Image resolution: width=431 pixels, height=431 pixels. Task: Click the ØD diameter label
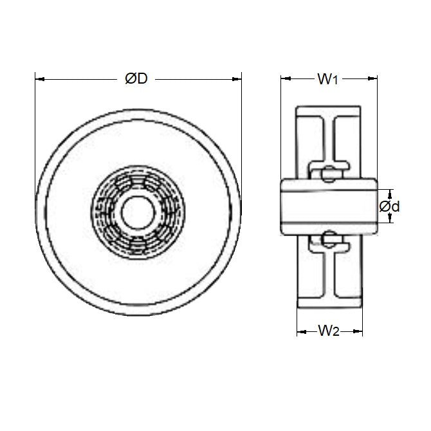(136, 78)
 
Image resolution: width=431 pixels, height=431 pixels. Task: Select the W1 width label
(327, 79)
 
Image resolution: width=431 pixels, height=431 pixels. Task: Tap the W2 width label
(328, 332)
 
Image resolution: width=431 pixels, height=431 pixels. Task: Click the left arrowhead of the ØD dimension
(38, 79)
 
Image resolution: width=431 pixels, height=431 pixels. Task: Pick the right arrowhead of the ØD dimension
(237, 79)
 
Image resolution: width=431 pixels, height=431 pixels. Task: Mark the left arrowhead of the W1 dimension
(285, 79)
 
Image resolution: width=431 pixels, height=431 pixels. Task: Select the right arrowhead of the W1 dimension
(373, 79)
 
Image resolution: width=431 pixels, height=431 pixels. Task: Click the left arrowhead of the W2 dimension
(300, 333)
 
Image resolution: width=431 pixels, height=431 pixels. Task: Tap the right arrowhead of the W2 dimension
(358, 333)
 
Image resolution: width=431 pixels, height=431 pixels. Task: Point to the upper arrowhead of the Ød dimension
(389, 192)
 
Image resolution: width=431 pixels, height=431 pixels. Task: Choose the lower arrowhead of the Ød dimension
(389, 220)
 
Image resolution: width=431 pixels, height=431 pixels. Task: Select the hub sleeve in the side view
(328, 206)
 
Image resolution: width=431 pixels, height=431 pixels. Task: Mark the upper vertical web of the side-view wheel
(329, 138)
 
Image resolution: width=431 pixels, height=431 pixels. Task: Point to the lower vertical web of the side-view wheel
(329, 273)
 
